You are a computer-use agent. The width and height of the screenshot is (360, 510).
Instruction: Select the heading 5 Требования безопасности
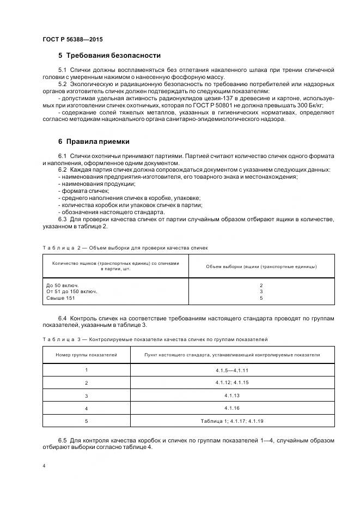(109, 56)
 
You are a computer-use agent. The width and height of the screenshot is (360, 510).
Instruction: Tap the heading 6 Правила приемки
(94, 142)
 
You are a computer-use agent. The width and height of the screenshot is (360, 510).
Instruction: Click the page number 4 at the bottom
(44, 466)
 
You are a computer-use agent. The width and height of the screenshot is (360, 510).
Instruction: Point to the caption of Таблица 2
(125, 247)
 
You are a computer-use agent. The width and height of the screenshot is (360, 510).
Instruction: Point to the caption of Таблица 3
(155, 339)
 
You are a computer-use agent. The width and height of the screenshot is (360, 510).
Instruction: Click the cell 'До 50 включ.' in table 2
(63, 285)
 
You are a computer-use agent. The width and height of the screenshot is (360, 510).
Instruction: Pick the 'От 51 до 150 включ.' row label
(72, 292)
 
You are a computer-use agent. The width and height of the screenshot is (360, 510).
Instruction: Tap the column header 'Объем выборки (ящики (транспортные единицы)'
(261, 266)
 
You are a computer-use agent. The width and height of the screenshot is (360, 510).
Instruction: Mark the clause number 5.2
(62, 84)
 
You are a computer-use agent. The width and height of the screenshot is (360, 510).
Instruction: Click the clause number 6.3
(62, 219)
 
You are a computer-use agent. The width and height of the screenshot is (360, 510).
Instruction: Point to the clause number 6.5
(62, 440)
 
